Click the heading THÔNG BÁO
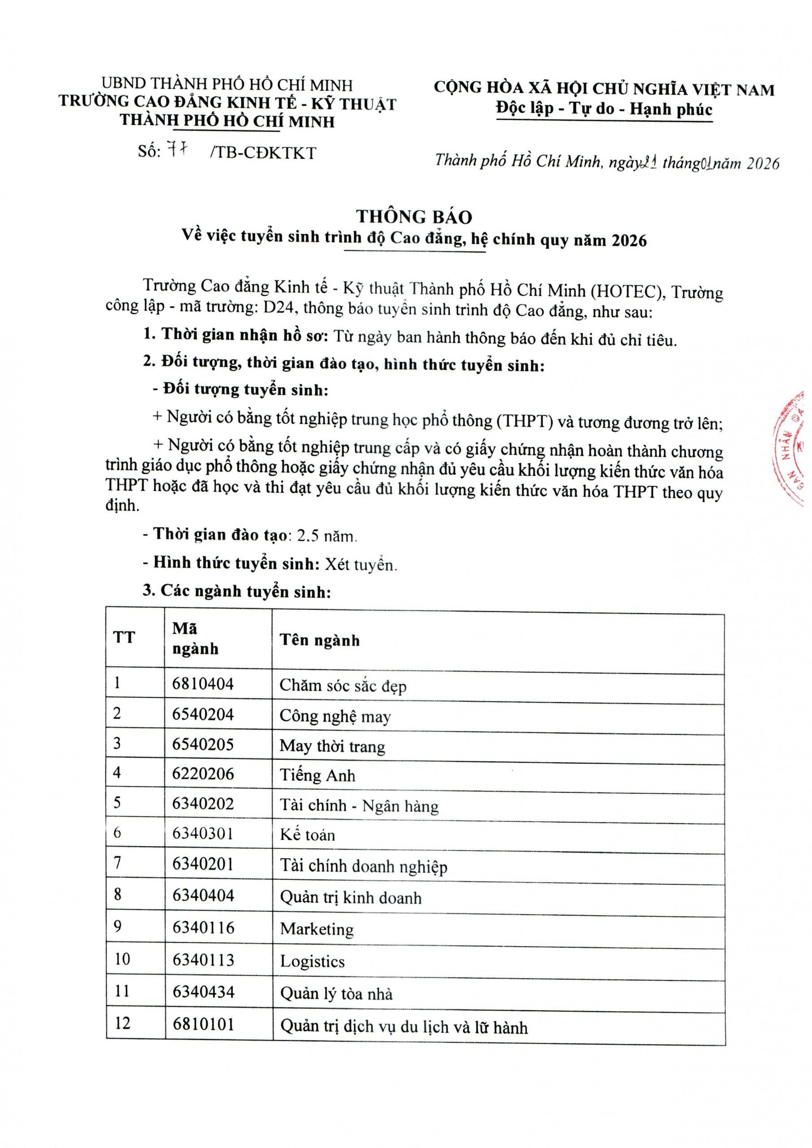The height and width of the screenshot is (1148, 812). pyautogui.click(x=414, y=217)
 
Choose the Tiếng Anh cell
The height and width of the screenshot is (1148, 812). pyautogui.click(x=317, y=775)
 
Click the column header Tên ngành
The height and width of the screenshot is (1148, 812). pyautogui.click(x=320, y=640)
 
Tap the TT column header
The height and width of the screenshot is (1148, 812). pyautogui.click(x=124, y=638)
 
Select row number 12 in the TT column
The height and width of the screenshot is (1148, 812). pyautogui.click(x=122, y=1023)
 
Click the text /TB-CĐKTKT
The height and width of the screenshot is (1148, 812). pyautogui.click(x=263, y=153)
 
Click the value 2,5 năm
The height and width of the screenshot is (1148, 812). pyautogui.click(x=326, y=536)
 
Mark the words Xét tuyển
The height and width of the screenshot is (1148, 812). pyautogui.click(x=360, y=565)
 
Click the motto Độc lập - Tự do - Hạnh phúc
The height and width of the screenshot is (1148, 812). pyautogui.click(x=604, y=109)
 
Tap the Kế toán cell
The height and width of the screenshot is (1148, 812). pyautogui.click(x=307, y=835)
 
